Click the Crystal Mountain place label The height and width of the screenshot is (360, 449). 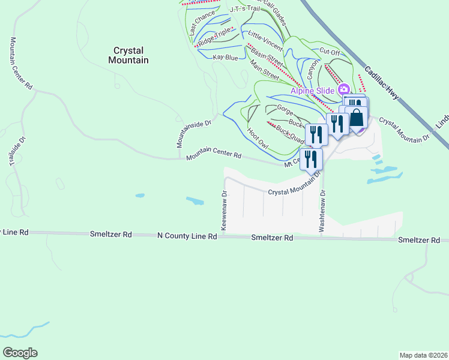click(x=128, y=55)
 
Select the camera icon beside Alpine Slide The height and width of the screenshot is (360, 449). click(x=344, y=90)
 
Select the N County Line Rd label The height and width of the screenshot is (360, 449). click(x=187, y=236)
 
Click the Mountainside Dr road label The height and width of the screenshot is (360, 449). click(x=195, y=132)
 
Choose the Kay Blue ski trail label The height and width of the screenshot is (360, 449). click(x=226, y=58)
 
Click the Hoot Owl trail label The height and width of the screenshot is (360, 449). click(x=257, y=137)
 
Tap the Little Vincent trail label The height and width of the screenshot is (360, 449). click(x=265, y=38)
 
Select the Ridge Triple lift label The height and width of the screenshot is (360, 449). click(x=215, y=36)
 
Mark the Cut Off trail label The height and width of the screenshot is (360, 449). click(x=330, y=52)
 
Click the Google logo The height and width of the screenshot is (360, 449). click(x=20, y=352)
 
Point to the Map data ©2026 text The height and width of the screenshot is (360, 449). click(x=423, y=355)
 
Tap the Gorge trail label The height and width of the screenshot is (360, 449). click(x=285, y=109)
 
